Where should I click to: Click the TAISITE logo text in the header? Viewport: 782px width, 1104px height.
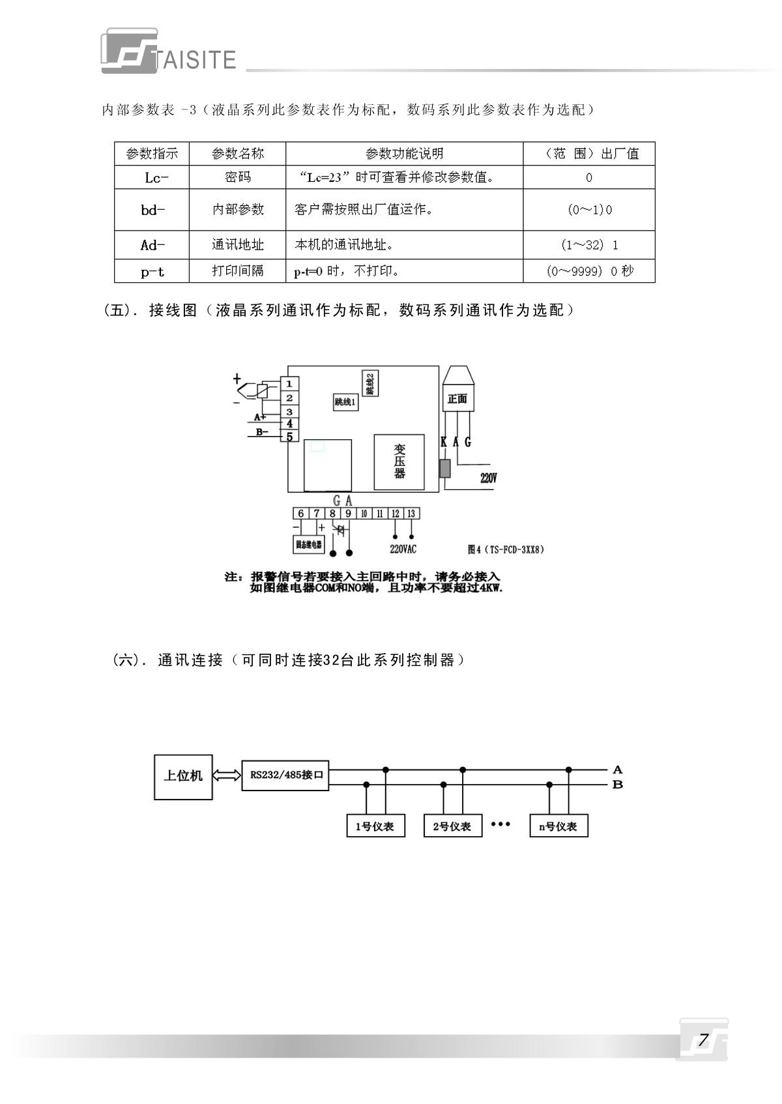point(195,60)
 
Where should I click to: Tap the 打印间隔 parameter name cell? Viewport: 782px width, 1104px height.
point(238,270)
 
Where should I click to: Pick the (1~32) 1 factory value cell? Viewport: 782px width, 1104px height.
point(589,245)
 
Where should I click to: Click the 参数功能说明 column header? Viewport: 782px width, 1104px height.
point(404,154)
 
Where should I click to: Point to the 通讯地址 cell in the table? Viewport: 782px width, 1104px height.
point(238,245)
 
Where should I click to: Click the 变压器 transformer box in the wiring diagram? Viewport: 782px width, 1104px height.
point(399,461)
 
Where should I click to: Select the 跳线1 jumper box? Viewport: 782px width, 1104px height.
point(345,402)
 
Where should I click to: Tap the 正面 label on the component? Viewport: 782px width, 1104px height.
point(457,399)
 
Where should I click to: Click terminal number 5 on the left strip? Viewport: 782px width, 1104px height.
point(289,437)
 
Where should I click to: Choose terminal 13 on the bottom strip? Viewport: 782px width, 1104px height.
point(411,514)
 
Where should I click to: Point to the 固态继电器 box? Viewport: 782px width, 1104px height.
point(308,545)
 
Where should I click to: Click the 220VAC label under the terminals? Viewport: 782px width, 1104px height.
point(403,549)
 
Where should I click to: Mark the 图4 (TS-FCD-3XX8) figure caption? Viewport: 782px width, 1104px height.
point(506,549)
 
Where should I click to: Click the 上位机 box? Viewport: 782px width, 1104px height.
point(183,776)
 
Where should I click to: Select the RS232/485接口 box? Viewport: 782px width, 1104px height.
point(285,776)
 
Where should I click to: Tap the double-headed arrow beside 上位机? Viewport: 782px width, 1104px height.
point(227,776)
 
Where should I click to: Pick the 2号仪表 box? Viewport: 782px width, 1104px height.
point(452,826)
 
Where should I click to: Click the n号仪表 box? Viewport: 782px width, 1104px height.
point(558,826)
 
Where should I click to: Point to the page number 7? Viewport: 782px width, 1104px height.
point(702,1040)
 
